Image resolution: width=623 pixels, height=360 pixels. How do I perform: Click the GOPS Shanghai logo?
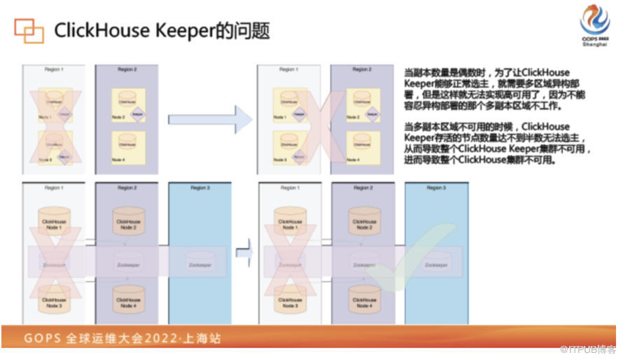tap(594, 26)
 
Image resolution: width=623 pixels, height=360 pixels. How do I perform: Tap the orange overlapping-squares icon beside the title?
tap(29, 32)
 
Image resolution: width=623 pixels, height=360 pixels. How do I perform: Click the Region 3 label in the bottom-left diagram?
tap(199, 188)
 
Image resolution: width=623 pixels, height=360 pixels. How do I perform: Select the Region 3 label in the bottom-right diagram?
tap(435, 188)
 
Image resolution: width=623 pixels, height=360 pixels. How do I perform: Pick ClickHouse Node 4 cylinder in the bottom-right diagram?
tap(364, 299)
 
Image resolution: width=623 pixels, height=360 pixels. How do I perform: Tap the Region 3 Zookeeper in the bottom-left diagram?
tap(199, 265)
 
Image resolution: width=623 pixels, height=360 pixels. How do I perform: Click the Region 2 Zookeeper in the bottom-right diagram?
tap(364, 265)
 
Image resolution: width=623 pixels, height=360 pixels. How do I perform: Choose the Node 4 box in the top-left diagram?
tap(127, 149)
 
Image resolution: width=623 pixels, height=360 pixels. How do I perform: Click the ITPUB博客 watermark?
tap(592, 348)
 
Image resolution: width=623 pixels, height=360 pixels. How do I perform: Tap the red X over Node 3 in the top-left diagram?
tap(55, 148)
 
